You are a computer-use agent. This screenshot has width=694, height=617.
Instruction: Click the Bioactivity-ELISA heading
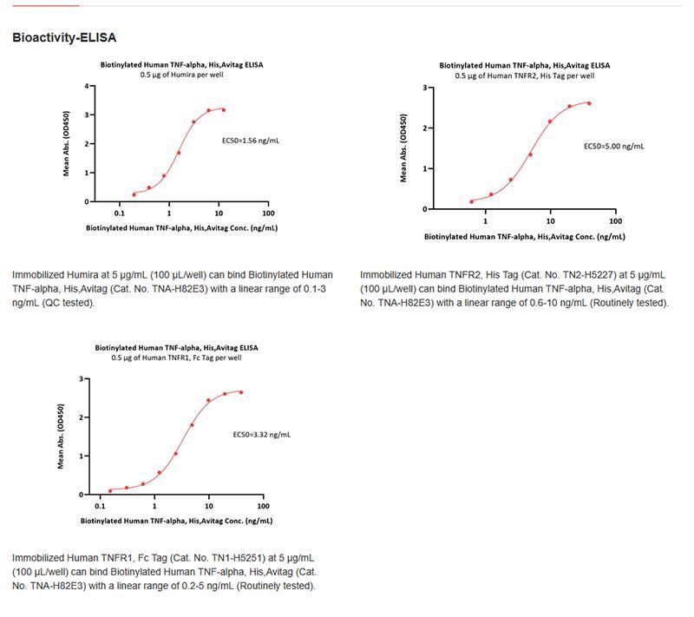tap(64, 38)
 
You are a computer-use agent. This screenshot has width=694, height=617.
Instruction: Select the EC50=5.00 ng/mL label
tap(613, 146)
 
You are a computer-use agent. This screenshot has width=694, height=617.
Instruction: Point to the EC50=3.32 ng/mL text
tap(261, 434)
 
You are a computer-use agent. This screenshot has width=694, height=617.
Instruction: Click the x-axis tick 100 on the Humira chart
tap(268, 213)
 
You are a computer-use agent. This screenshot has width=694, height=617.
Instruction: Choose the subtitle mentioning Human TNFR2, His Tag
tap(524, 75)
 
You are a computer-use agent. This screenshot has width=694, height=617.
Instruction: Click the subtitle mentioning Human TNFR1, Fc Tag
tap(176, 358)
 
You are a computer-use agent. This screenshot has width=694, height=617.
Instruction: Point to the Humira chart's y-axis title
tap(67, 145)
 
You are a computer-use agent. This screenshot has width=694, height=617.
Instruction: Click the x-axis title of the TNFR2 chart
tap(524, 236)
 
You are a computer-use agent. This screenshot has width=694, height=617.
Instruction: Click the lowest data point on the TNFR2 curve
tap(471, 201)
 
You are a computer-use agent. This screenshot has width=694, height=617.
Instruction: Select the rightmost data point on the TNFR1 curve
tap(240, 392)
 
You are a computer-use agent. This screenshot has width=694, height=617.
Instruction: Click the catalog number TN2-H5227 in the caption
tap(547, 275)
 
